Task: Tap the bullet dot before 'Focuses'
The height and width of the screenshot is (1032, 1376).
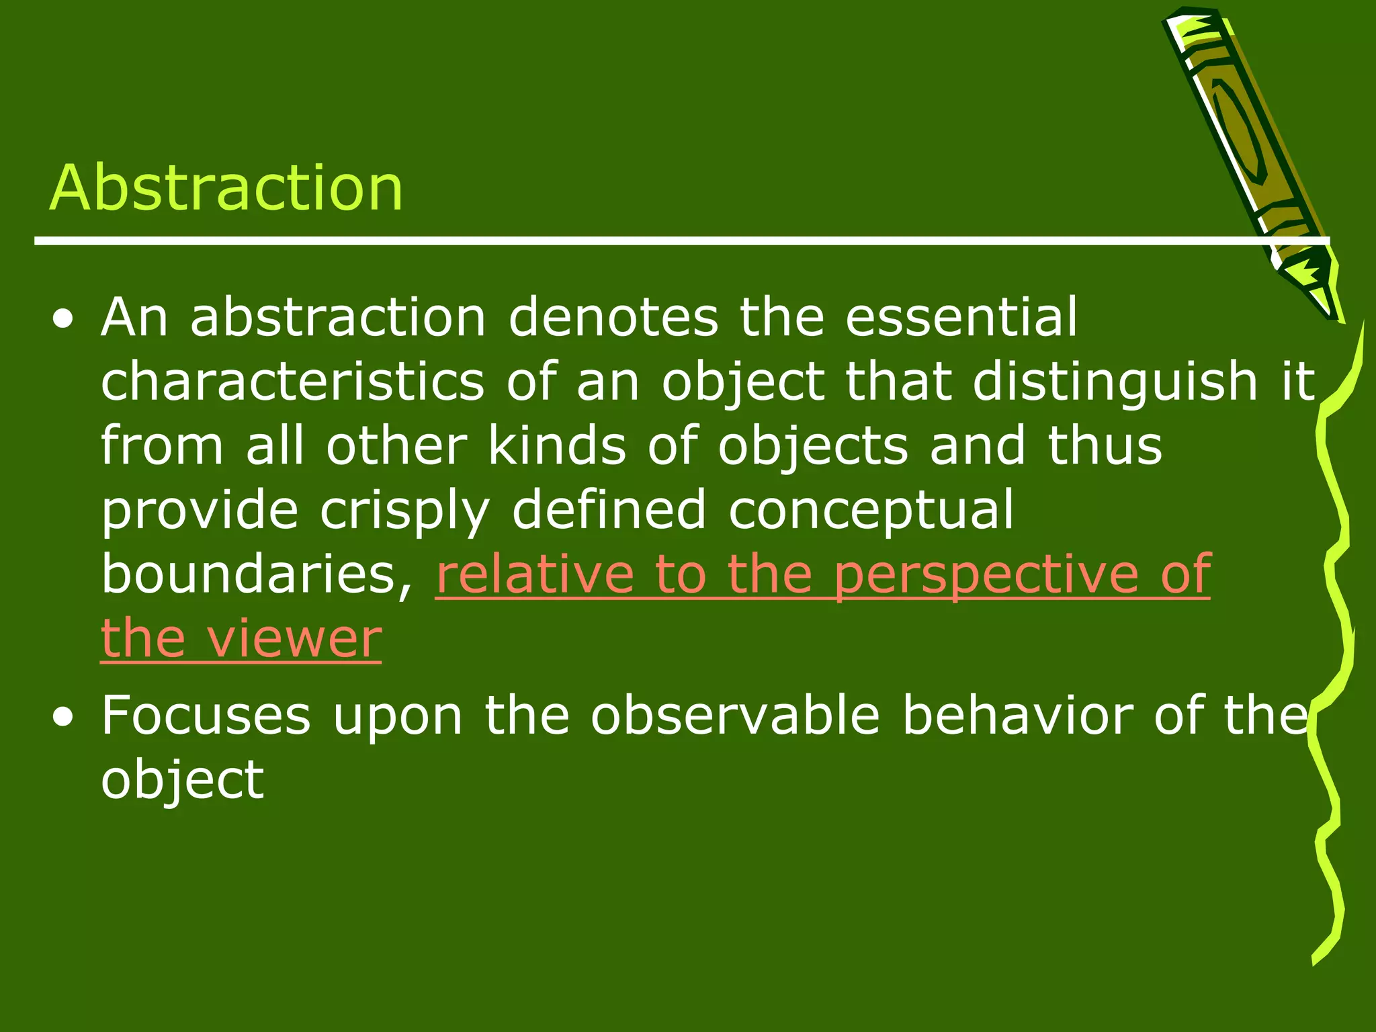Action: point(64,718)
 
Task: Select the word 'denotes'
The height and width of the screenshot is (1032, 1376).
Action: point(613,317)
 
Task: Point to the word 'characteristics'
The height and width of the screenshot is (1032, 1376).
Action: point(292,381)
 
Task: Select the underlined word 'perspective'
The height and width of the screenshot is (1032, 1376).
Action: point(986,576)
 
